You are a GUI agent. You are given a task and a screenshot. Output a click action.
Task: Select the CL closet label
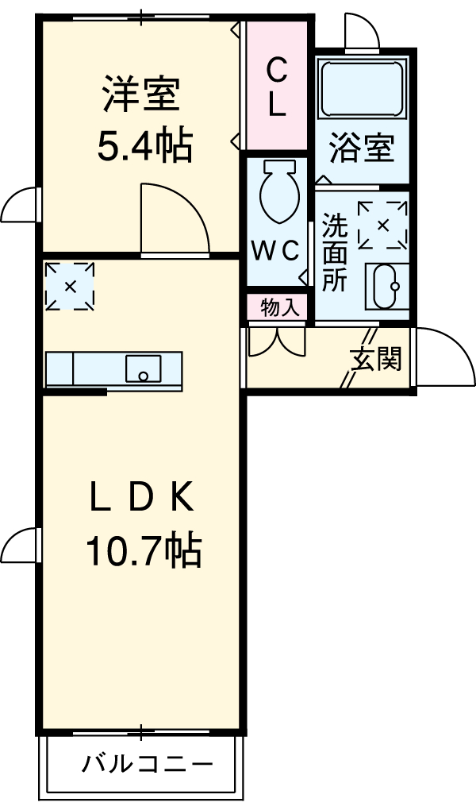[x=275, y=88]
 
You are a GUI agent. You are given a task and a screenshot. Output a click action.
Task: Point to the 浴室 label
[x=362, y=148]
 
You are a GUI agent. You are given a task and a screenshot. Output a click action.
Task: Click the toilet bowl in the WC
[x=278, y=191]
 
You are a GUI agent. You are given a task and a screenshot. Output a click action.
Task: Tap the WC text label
[x=275, y=249]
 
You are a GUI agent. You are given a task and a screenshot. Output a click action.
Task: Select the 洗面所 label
[x=335, y=253]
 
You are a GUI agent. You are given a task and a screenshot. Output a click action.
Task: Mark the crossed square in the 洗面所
[x=382, y=226]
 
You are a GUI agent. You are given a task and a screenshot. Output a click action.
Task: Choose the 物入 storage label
[x=278, y=307]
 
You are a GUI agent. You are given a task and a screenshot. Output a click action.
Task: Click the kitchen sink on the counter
[x=144, y=368]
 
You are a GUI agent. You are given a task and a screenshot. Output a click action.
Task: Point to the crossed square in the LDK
[x=70, y=286]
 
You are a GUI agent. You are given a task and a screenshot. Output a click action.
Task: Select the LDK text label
[x=140, y=499]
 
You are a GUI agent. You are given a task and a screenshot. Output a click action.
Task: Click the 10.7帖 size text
[x=144, y=551]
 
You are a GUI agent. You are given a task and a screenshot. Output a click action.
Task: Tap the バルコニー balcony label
[x=148, y=766]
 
